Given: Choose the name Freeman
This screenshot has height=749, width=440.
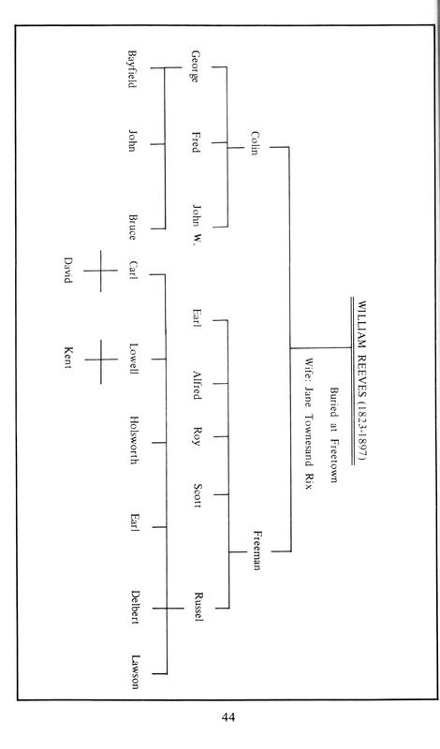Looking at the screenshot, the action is coord(257,550).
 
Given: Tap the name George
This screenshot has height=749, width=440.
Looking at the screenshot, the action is coord(194,66).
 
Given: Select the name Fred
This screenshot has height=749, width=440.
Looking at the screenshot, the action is coord(196,142).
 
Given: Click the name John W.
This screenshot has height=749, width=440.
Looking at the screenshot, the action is coord(197,225).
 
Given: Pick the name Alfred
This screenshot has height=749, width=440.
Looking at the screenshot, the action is coord(197,385).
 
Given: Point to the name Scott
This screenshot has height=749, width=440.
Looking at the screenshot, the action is coord(197,495).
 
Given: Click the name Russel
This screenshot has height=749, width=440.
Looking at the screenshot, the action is coord(198,607).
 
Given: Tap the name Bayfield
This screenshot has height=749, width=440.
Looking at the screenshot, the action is coord(132,68).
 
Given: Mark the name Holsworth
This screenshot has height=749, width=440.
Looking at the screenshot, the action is coord(134,440).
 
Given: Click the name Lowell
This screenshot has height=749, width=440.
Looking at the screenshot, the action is coord(134,359).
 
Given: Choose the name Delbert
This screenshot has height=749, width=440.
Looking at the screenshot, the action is coord(135,608).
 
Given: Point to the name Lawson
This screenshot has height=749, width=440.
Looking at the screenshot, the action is coord(135,671).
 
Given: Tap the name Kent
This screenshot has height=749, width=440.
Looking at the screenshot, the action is coord(67,358).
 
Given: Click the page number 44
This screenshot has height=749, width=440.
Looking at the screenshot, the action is coord(227,716).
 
